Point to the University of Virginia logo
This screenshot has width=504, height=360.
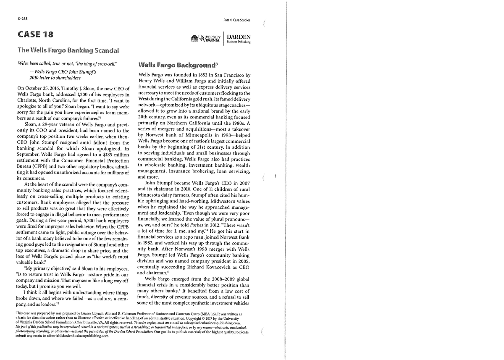(205, 39)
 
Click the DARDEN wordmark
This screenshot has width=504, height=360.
(239, 37)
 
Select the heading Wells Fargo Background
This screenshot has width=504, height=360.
(176, 65)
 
